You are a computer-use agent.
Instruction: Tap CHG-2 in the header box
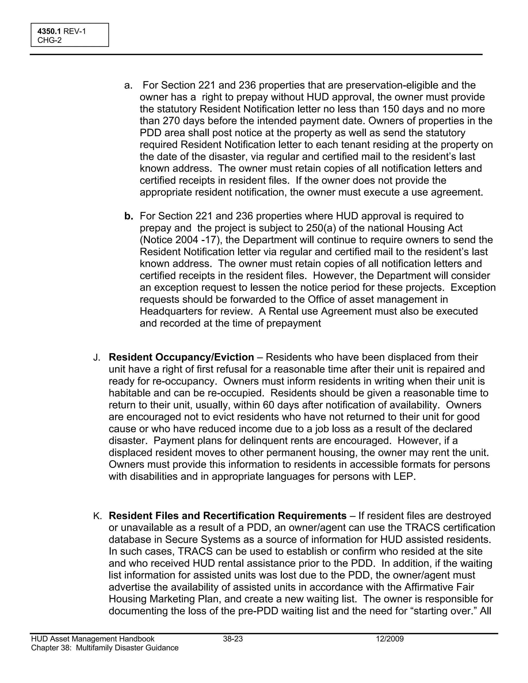[49, 40]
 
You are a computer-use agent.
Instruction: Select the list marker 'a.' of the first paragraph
[128, 85]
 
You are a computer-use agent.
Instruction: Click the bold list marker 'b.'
[129, 216]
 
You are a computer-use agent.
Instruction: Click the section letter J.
[96, 358]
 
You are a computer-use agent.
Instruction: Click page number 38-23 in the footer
[233, 639]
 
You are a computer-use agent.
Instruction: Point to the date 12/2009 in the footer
[390, 639]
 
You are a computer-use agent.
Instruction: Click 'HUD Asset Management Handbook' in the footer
[93, 639]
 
